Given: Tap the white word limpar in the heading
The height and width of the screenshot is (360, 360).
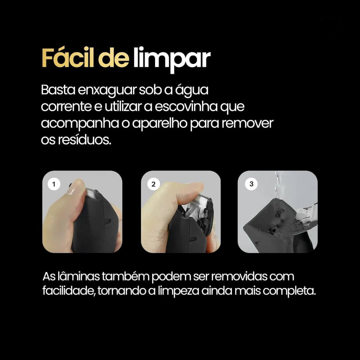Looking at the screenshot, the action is click(172, 59).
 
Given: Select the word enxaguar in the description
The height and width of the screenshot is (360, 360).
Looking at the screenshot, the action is click(107, 90).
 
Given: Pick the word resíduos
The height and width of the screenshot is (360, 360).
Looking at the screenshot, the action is click(84, 140).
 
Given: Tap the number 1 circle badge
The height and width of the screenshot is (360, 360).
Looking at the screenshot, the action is click(54, 184).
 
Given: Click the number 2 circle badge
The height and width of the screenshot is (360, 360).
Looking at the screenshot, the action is click(153, 184).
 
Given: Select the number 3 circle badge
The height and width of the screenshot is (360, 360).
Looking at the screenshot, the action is click(251, 184).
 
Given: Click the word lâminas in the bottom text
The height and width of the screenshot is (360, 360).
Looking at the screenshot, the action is click(78, 276).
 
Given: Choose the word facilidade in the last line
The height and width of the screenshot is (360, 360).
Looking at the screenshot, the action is click(69, 291).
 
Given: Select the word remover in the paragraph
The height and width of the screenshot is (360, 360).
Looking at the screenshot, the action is click(247, 123).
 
